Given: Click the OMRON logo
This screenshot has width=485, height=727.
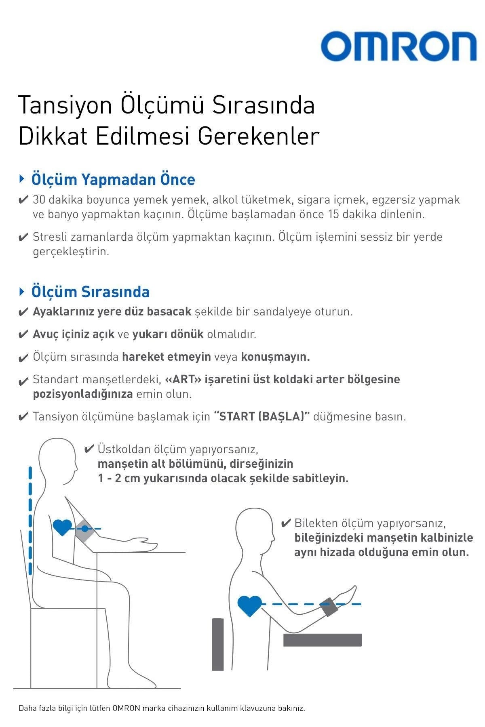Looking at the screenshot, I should point(399,47).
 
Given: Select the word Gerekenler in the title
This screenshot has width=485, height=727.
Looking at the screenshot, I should point(259,137).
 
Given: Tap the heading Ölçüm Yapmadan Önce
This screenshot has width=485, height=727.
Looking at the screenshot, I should point(113,180).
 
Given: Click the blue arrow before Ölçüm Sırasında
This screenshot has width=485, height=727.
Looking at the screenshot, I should point(22,291).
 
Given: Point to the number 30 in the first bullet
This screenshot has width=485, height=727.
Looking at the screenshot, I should point(39,200).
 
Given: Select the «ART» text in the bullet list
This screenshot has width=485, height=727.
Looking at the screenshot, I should point(183,380).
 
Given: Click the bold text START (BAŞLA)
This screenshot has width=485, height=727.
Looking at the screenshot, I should point(261,416).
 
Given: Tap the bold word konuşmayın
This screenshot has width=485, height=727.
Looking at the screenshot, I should point(275,357).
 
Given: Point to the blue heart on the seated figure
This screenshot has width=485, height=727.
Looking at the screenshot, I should point(62,527).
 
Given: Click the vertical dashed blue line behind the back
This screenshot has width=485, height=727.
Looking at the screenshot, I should point(30,521).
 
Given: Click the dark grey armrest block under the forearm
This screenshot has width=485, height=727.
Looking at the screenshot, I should point(323,640).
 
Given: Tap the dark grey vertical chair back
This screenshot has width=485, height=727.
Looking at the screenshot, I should point(218,644).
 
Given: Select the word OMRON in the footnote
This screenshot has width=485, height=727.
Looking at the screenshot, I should point(126,708).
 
